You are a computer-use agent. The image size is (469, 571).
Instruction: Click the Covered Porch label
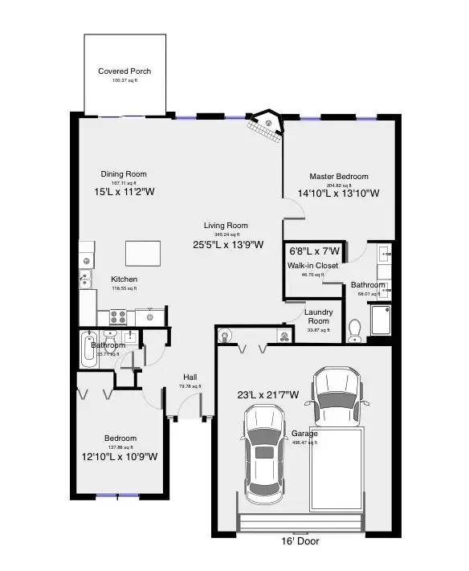[x=124, y=71]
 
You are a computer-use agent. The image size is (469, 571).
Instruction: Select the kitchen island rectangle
[x=142, y=253]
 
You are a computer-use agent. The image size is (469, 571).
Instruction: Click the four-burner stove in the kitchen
[x=116, y=317]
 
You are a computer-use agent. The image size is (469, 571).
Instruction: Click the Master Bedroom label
[x=339, y=177]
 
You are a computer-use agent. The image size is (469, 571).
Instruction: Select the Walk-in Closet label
[x=312, y=265]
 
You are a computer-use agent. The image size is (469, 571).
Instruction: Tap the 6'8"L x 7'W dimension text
[x=315, y=251]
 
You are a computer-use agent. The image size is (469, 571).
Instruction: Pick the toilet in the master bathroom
[x=356, y=329]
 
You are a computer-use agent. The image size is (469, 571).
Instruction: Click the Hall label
[x=190, y=377]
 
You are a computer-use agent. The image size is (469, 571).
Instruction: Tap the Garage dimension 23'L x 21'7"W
[x=267, y=394]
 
